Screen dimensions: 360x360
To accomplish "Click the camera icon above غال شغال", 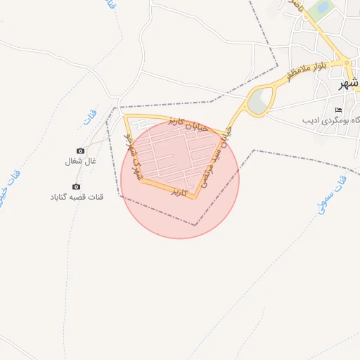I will [x=80, y=151].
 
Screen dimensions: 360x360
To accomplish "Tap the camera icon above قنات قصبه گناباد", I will [x=76, y=186].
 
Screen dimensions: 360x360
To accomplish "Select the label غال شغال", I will [x=79, y=162].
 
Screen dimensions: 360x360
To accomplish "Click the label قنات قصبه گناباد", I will [x=77, y=197].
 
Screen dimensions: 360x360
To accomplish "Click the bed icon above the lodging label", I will [x=339, y=110].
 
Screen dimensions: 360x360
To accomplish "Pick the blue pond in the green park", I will [x=323, y=8].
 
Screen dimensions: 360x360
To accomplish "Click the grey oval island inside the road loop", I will [x=259, y=101].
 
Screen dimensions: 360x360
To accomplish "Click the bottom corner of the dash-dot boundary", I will [x=196, y=225].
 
